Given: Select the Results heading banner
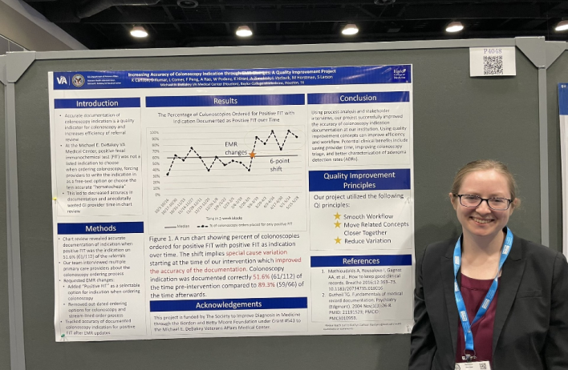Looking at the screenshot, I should click(x=225, y=101).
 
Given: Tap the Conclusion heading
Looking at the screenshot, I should click(x=358, y=99).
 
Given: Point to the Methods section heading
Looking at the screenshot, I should click(x=100, y=228).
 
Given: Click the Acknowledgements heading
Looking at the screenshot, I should click(x=228, y=305).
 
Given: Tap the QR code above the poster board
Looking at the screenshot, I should click(x=493, y=66).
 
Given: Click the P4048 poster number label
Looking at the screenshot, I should click(x=493, y=50).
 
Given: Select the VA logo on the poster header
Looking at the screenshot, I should click(x=62, y=80).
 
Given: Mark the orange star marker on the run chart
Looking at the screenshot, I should click(x=252, y=154).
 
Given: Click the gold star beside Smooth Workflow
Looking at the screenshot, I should click(x=338, y=216).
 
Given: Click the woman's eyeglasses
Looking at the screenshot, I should click(x=484, y=202).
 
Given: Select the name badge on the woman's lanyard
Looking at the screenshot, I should click(x=472, y=365).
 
